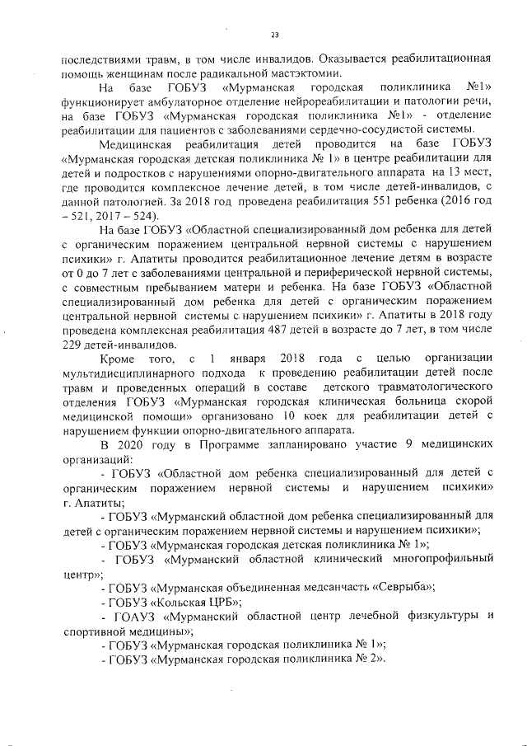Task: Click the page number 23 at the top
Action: tap(274, 35)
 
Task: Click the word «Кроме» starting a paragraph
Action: tap(116, 359)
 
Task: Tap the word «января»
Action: tap(250, 359)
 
